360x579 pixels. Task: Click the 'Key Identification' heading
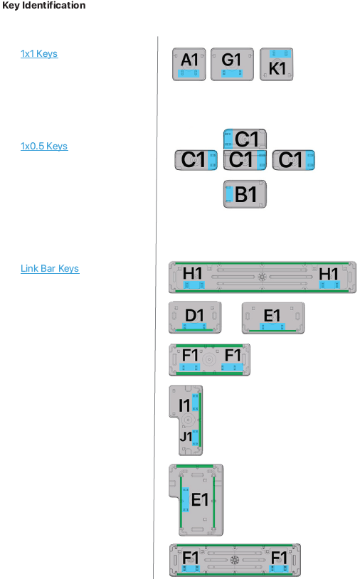[x=44, y=5]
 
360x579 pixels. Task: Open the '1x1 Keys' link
[x=39, y=54]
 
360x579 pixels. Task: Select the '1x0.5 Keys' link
[x=44, y=147]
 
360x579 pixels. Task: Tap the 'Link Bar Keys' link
[x=50, y=268]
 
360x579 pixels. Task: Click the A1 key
[x=189, y=64]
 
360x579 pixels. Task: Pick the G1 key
[x=232, y=64]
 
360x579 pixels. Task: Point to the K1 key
[x=277, y=64]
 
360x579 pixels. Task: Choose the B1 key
[x=245, y=194]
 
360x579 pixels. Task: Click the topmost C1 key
[x=245, y=139]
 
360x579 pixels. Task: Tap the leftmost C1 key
[x=196, y=160]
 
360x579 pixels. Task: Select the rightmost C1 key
[x=294, y=160]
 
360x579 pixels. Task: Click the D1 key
[x=195, y=317]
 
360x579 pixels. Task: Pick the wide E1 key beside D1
[x=273, y=318]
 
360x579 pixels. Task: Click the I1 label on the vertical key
[x=184, y=405]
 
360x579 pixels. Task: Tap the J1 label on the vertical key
[x=186, y=437]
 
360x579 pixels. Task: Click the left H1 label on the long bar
[x=192, y=274]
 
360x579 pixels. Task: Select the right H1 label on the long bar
[x=329, y=274]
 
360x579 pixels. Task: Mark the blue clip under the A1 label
[x=189, y=73]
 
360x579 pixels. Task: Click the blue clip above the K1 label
[x=280, y=53]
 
